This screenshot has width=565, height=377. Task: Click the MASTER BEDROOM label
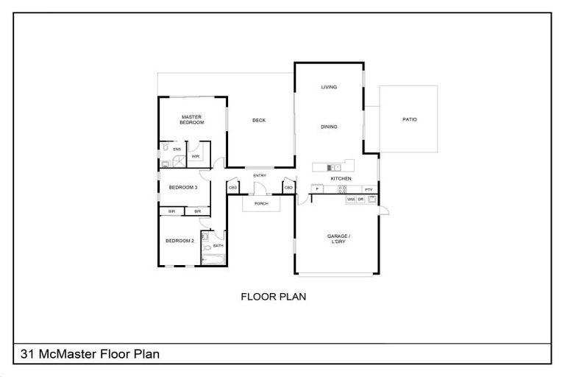click(x=192, y=120)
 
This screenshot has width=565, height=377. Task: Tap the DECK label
click(x=258, y=121)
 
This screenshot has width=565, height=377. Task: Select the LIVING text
click(x=329, y=88)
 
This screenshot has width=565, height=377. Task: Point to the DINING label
click(x=329, y=127)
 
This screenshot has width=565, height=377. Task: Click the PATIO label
click(x=409, y=120)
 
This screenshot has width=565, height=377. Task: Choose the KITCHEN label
click(x=341, y=179)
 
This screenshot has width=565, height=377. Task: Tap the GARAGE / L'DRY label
click(x=338, y=239)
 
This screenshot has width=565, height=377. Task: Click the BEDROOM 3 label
click(x=183, y=188)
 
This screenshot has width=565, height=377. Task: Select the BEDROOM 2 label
click(x=180, y=241)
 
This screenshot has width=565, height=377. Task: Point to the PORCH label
click(x=260, y=203)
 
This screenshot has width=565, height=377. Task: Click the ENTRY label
click(x=260, y=176)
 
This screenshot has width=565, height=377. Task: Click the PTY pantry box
click(x=369, y=190)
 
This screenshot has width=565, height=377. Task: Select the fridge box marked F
click(x=316, y=189)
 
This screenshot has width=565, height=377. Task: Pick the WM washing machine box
click(x=351, y=200)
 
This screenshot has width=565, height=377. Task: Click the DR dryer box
click(x=360, y=200)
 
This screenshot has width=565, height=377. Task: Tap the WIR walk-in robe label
click(x=196, y=156)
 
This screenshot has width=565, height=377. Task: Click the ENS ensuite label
click(x=177, y=149)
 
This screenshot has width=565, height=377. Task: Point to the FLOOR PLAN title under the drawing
click(x=274, y=297)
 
